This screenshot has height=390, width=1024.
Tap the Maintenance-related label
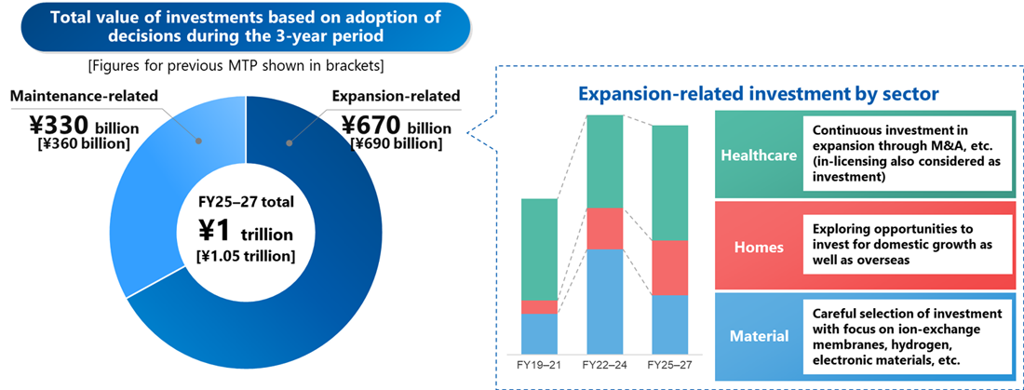(x=84, y=96)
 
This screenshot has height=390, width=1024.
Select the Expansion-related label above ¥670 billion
(x=396, y=96)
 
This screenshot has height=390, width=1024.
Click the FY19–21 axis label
(x=539, y=364)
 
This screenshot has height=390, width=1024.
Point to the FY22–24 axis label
(x=604, y=364)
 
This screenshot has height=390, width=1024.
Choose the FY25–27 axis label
(x=670, y=364)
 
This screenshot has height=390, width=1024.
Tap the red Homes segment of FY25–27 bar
(x=670, y=267)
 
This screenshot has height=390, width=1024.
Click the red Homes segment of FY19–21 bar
(x=539, y=306)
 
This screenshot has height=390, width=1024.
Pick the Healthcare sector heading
(x=759, y=155)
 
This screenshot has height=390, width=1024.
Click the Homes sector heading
(x=759, y=248)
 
